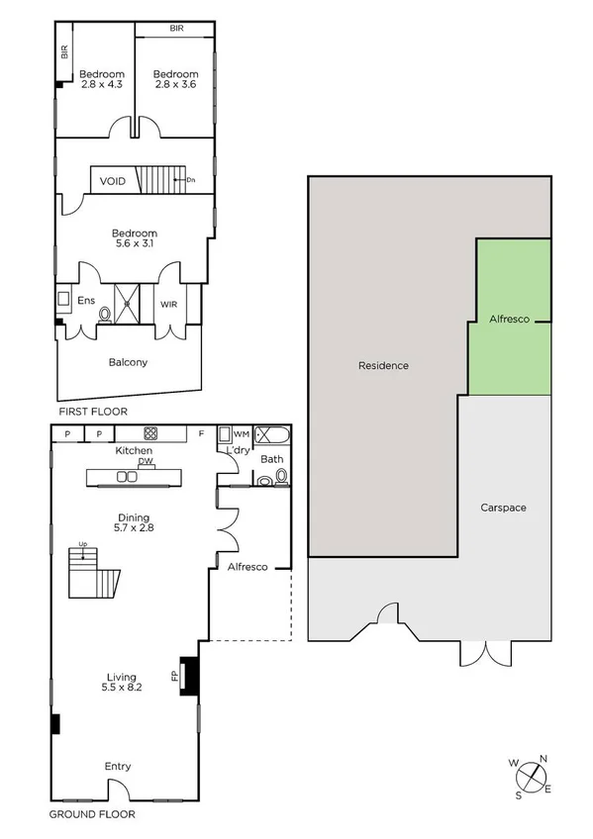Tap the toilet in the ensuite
pos(105,315)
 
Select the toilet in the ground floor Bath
pos(281,477)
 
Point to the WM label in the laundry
pos(241,433)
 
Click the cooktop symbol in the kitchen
pos(151,432)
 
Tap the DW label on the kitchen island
pos(145,461)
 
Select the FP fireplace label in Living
pos(174,677)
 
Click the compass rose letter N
pos(544,759)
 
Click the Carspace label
pos(503,508)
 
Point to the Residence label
pos(383,365)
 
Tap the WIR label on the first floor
pos(168,304)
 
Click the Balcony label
pos(128,362)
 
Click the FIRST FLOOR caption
pos(92,411)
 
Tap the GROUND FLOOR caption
pos(92,815)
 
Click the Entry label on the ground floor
pos(118,766)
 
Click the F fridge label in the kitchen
pos(201,433)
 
